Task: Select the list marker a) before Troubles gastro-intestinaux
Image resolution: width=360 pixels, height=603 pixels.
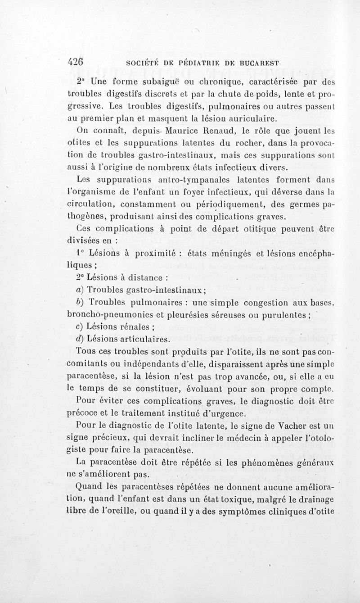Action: pos(80,289)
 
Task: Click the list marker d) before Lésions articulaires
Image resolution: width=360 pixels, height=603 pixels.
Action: pos(80,338)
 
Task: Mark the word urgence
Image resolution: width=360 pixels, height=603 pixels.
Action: pos(225,413)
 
